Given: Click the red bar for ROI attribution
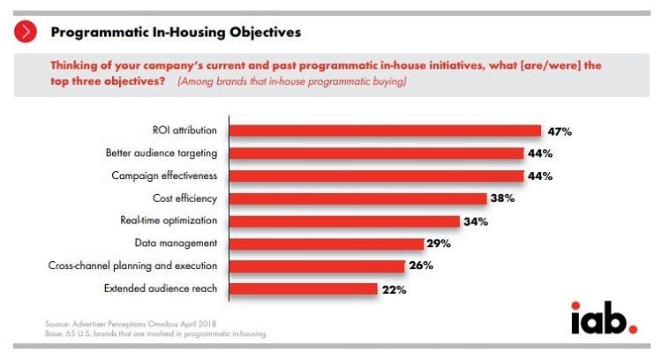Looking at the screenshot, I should (385, 131).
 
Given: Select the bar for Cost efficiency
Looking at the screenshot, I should (357, 199).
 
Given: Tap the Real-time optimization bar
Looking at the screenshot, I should (344, 221).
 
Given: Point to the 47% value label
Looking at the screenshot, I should (559, 131).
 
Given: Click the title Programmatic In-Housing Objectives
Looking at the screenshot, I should (176, 33).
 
